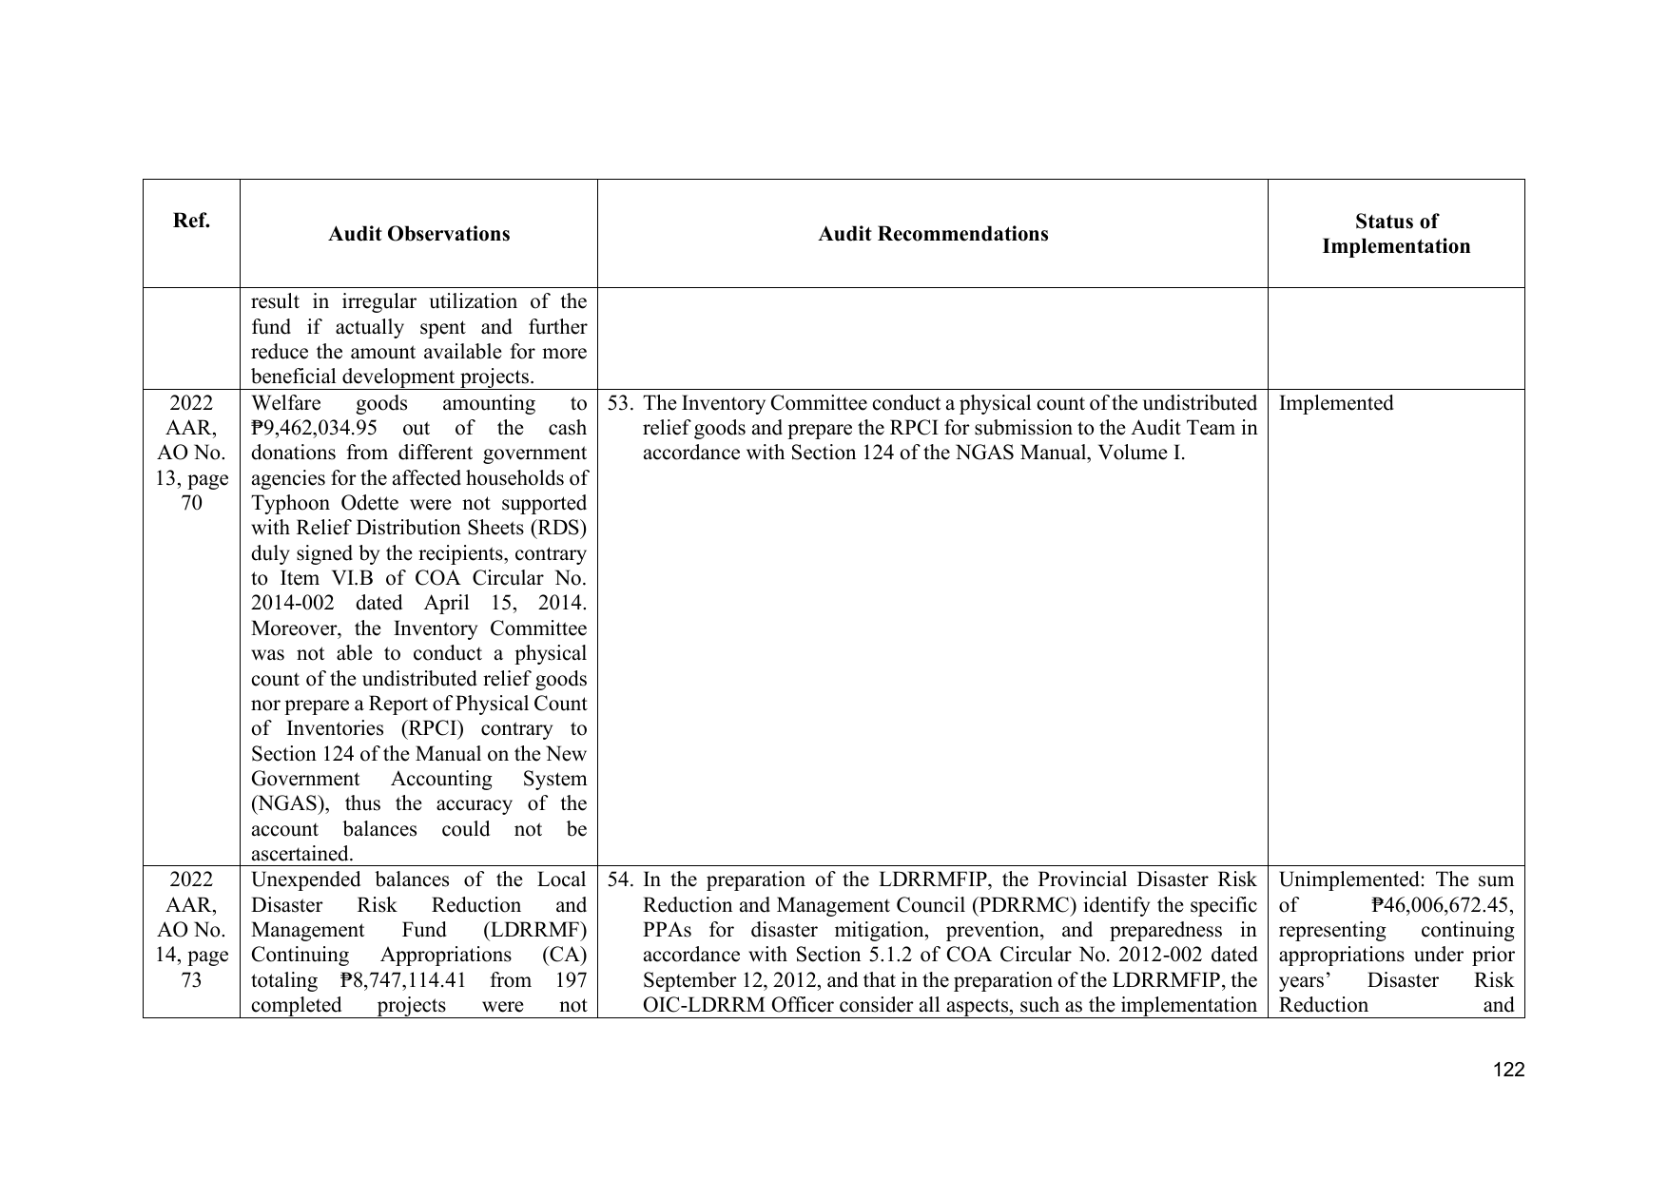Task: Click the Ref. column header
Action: tap(191, 222)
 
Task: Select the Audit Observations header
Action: tap(418, 234)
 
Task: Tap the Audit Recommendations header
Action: tap(933, 234)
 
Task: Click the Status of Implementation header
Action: tap(1395, 234)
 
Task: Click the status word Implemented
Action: tap(1335, 403)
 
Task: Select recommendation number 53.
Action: tap(620, 403)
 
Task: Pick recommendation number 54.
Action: tap(620, 879)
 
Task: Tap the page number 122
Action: tap(1508, 1070)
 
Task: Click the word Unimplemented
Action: tap(1342, 879)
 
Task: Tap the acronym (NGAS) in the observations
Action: tap(287, 804)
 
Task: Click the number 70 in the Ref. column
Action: tap(191, 503)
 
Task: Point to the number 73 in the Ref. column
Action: tap(191, 980)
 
